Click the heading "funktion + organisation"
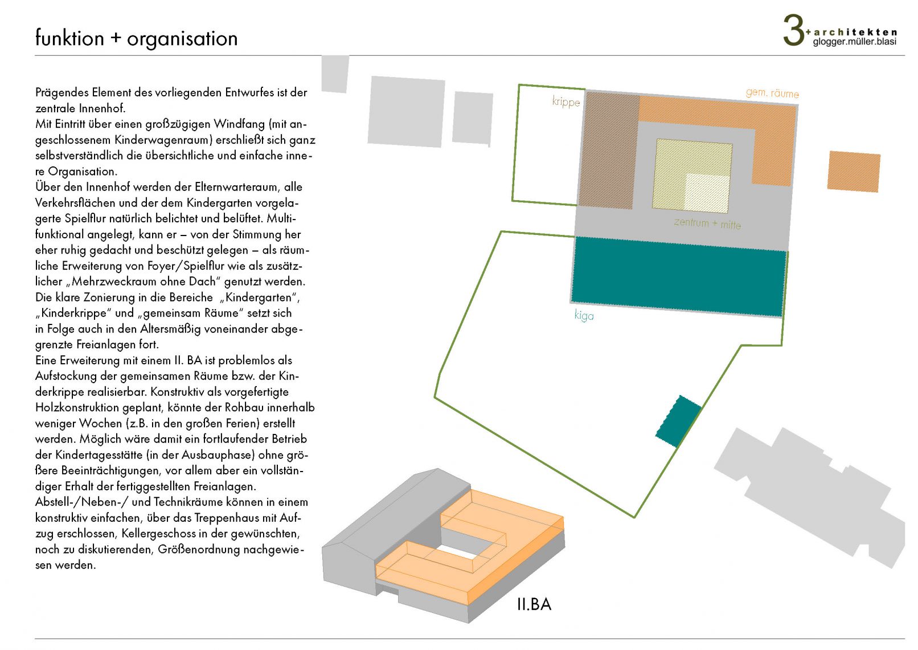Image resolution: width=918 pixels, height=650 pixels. pyautogui.click(x=136, y=38)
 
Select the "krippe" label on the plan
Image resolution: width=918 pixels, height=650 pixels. pyautogui.click(x=565, y=102)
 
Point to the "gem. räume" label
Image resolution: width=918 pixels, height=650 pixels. pyautogui.click(x=772, y=93)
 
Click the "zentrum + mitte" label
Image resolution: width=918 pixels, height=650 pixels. pyautogui.click(x=707, y=223)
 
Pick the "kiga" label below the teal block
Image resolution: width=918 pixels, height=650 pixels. pyautogui.click(x=584, y=315)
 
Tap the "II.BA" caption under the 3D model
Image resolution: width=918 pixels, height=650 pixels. pyautogui.click(x=534, y=604)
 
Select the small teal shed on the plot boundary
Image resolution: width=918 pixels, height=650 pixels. pyautogui.click(x=678, y=421)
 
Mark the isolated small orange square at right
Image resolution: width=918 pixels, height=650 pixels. pyautogui.click(x=854, y=171)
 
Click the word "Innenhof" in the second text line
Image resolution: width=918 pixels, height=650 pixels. pyautogui.click(x=103, y=108)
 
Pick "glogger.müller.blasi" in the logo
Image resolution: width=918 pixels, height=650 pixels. pyautogui.click(x=854, y=42)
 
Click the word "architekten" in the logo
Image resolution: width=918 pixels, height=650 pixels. pyautogui.click(x=855, y=32)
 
